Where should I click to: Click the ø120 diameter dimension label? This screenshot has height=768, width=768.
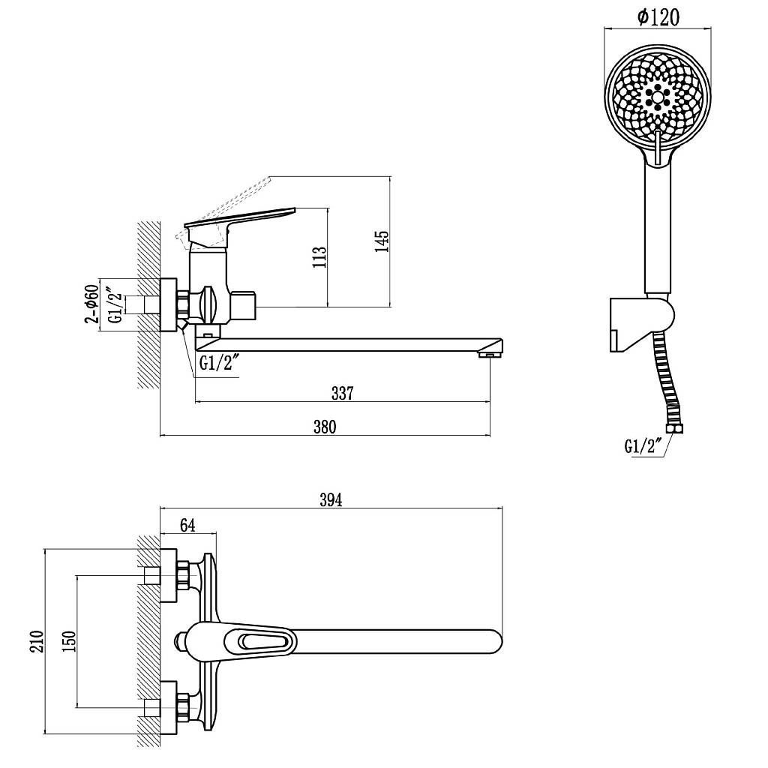658,18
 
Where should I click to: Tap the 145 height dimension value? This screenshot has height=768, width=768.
382,241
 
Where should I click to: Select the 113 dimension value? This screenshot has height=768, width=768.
319,256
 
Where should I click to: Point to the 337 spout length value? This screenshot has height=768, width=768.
342,393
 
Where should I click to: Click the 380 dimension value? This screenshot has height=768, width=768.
325,427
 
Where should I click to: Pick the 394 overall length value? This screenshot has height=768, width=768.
331,499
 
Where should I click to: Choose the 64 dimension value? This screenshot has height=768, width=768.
187,525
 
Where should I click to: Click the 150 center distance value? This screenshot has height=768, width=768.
69,641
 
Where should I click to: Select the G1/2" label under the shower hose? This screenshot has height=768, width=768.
643,446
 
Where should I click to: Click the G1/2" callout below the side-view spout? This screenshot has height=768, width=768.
219,364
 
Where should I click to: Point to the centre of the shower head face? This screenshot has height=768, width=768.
657,97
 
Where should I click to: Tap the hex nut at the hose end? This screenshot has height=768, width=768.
676,429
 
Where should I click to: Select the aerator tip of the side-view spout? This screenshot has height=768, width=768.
489,354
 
